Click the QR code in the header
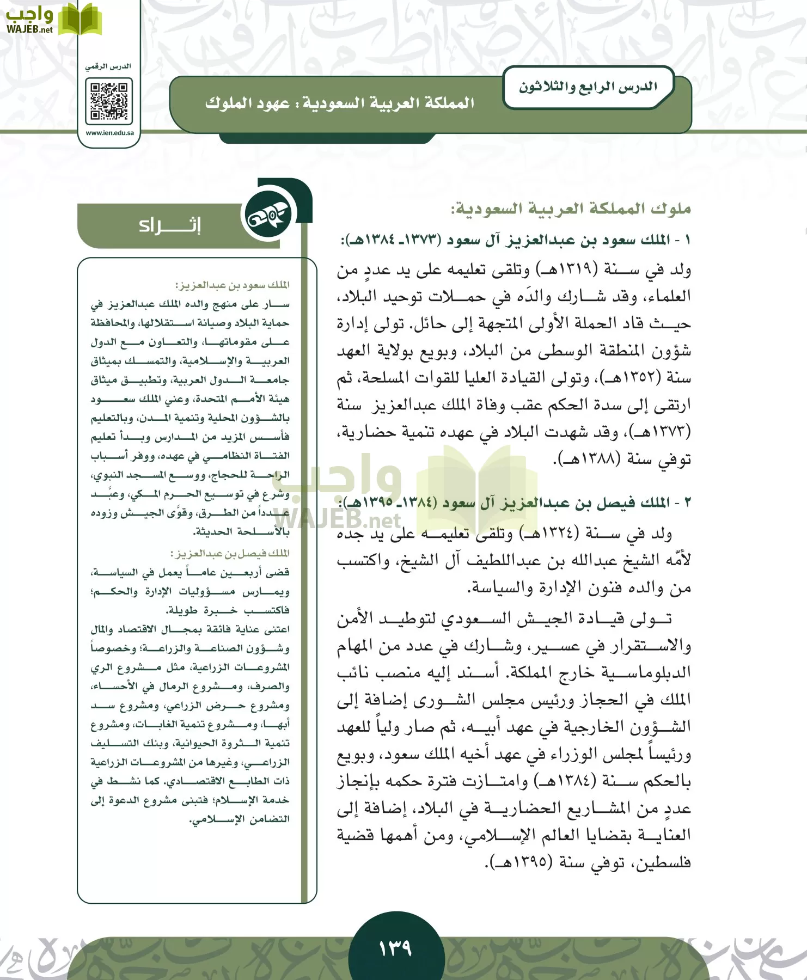point(109,101)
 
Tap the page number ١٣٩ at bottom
point(396,948)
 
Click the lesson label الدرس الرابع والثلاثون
point(588,87)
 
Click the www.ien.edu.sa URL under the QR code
point(109,133)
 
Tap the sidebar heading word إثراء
point(169,225)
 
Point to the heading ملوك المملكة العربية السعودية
point(570,209)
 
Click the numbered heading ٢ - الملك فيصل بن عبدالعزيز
point(515,503)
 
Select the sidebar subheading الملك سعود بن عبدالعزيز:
point(232,285)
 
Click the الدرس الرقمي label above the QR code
point(108,66)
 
